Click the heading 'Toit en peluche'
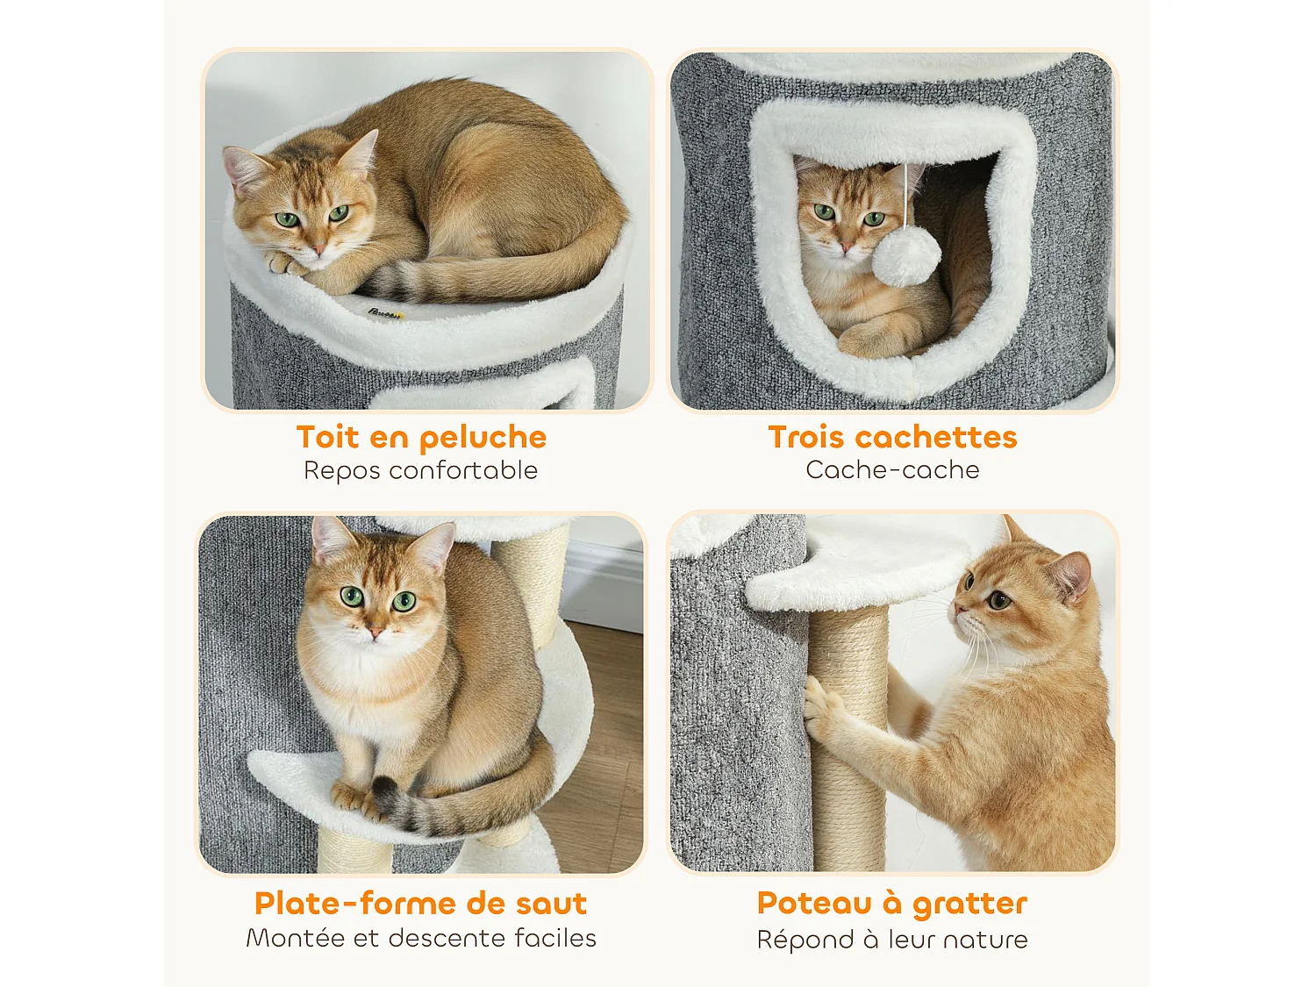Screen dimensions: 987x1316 (421, 437)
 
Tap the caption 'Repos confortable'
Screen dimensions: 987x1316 (420, 470)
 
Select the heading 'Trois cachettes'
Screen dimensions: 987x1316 (892, 437)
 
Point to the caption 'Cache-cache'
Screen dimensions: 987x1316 (892, 470)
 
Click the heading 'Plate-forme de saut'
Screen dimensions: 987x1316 (420, 903)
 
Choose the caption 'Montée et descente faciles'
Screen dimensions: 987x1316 (420, 938)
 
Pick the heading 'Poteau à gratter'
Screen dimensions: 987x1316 (891, 903)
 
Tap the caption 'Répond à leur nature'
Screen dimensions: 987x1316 (891, 940)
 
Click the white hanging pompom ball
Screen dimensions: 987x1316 (906, 258)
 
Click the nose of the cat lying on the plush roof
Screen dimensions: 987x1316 (317, 249)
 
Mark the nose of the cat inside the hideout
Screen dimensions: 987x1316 (847, 247)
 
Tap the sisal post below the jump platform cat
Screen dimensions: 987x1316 (352, 851)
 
